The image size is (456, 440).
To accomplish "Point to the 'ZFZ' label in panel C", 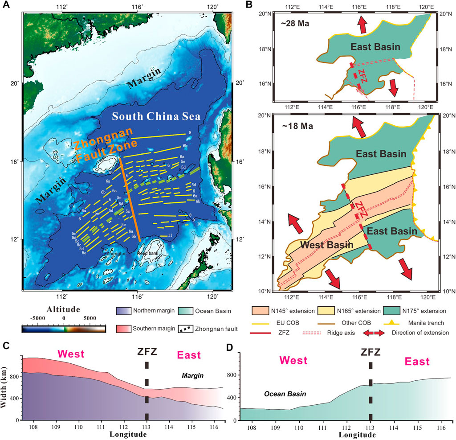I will pyautogui.click(x=147, y=355).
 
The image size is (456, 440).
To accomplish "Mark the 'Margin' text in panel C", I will pyautogui.click(x=193, y=375).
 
